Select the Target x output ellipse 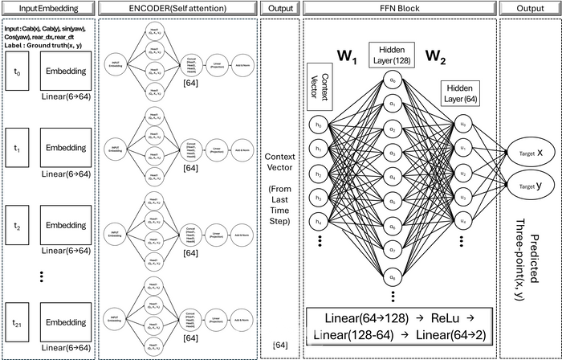pyautogui.click(x=527, y=151)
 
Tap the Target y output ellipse pyautogui.click(x=527, y=186)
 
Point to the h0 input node pyautogui.click(x=319, y=125)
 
